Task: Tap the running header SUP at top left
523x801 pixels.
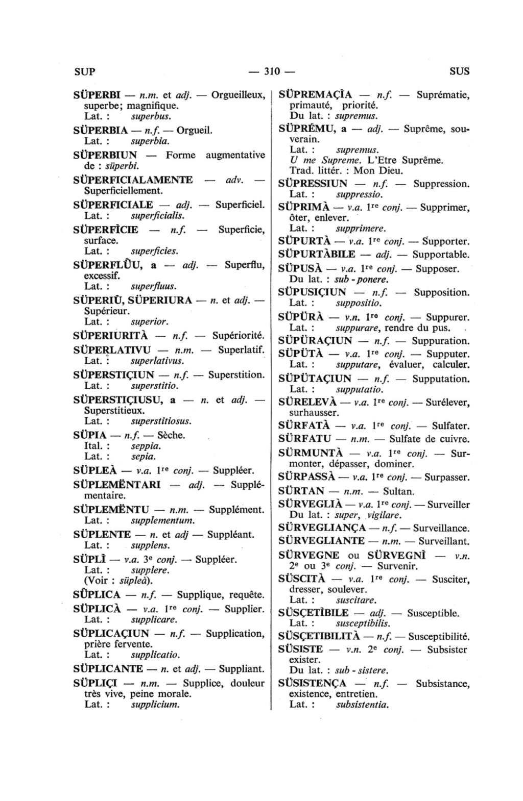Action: (x=84, y=71)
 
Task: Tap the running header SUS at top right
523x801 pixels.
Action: (x=459, y=71)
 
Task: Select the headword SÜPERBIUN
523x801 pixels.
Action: (x=105, y=155)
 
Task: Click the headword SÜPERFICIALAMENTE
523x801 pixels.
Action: (x=133, y=180)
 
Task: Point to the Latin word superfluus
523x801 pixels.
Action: (x=154, y=286)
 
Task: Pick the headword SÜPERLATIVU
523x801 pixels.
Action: (x=112, y=350)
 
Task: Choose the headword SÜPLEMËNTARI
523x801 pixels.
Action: (x=117, y=484)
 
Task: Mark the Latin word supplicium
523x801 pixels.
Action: (x=155, y=705)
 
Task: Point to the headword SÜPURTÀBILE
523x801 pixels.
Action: (x=317, y=254)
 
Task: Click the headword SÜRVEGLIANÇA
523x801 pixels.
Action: (x=322, y=528)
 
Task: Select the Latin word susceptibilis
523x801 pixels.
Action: (x=363, y=623)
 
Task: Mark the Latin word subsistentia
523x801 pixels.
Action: (x=363, y=705)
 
